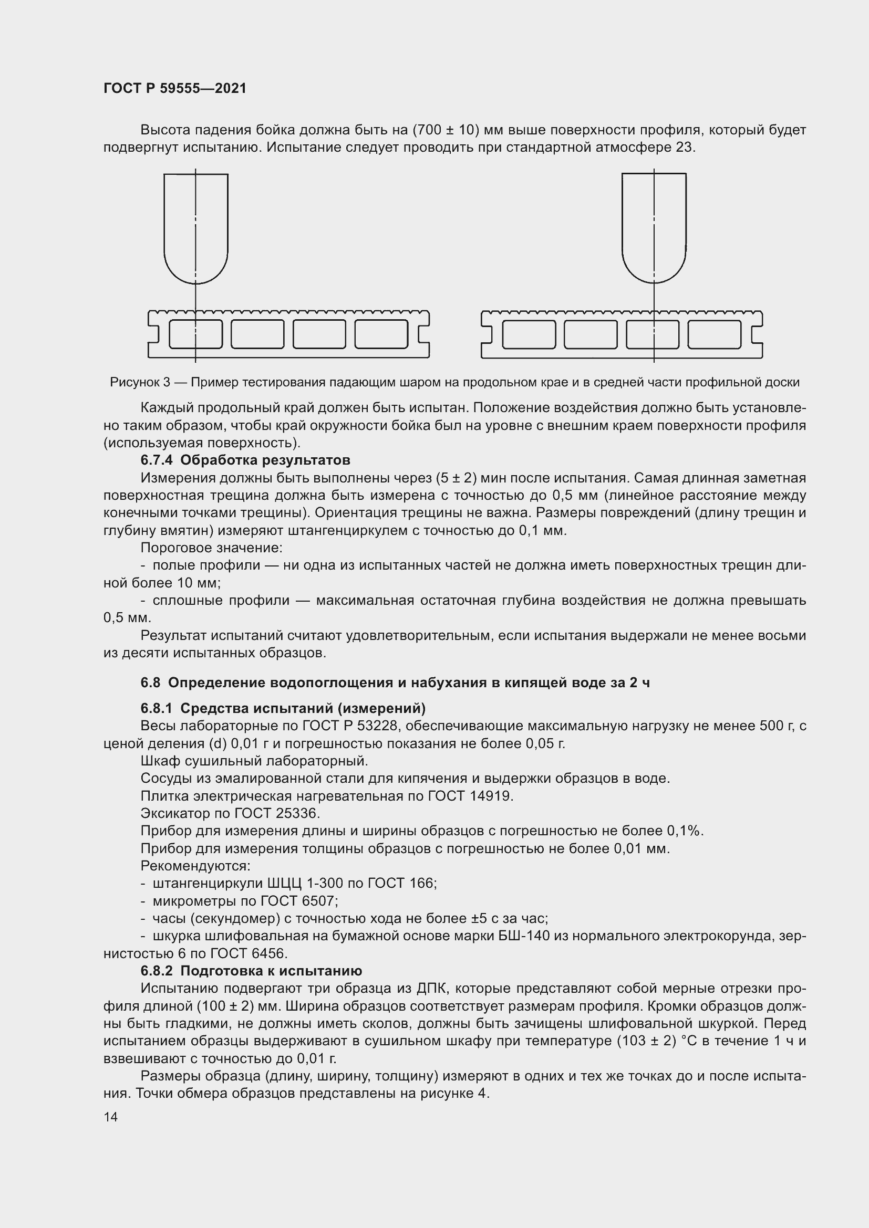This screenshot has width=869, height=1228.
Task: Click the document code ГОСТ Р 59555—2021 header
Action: coord(175,88)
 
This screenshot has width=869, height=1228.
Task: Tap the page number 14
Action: coord(111,1117)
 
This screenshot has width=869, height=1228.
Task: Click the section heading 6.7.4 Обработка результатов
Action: coord(245,460)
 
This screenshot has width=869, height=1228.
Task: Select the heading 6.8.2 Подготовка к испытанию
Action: coord(251,971)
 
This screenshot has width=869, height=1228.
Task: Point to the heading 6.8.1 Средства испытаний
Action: coord(283,709)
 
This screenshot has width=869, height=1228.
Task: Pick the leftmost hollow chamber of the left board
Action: coord(196,334)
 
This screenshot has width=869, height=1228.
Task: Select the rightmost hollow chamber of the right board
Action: coord(715,334)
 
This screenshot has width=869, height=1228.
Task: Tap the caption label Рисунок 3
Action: coord(140,382)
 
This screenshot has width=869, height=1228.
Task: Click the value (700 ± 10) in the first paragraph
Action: coord(448,130)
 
